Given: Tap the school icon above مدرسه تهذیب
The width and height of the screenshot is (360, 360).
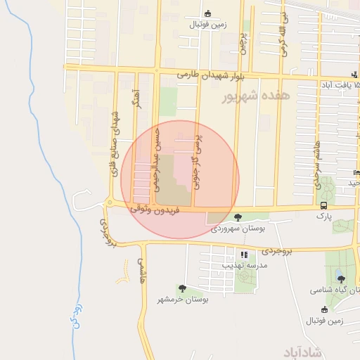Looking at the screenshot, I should coord(244,255).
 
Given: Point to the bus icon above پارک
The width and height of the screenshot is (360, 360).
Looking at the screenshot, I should coord(323,205).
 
